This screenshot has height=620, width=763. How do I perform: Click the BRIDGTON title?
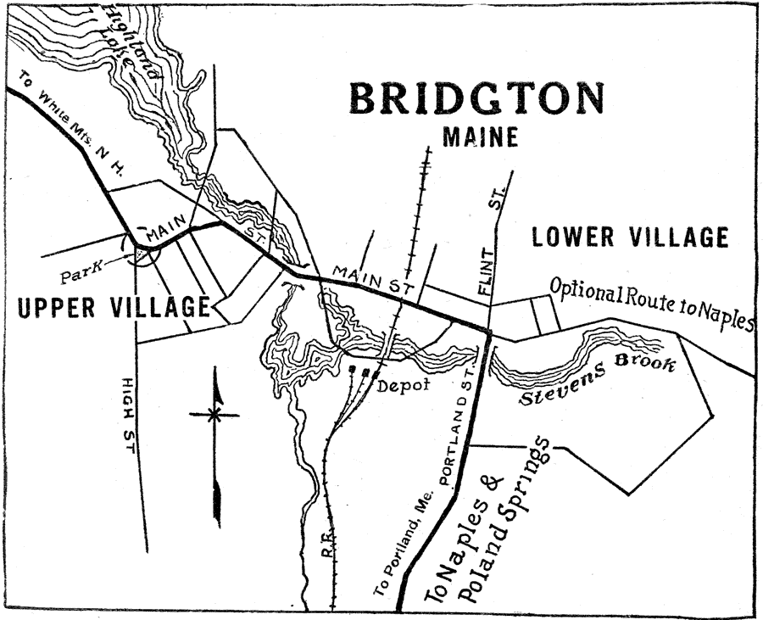(477, 98)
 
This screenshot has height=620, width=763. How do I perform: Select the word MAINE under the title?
(480, 137)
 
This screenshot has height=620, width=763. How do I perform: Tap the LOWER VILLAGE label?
(630, 237)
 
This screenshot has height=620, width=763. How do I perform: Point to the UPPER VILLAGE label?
(114, 307)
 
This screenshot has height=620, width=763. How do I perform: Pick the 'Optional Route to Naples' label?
(651, 304)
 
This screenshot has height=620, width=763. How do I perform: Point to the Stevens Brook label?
(598, 381)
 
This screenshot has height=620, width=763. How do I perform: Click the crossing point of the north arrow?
(215, 415)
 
